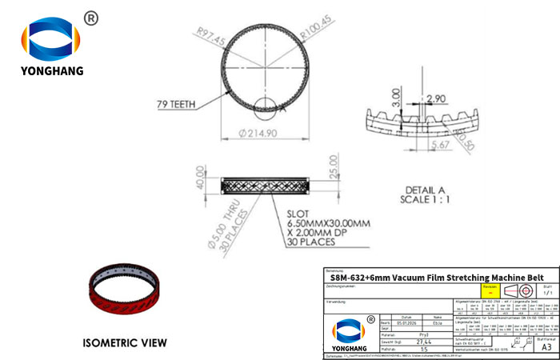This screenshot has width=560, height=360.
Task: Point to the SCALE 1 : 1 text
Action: [x=428, y=199]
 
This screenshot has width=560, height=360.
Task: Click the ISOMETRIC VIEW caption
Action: [x=125, y=342]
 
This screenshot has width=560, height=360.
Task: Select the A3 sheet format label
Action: [x=546, y=347]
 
